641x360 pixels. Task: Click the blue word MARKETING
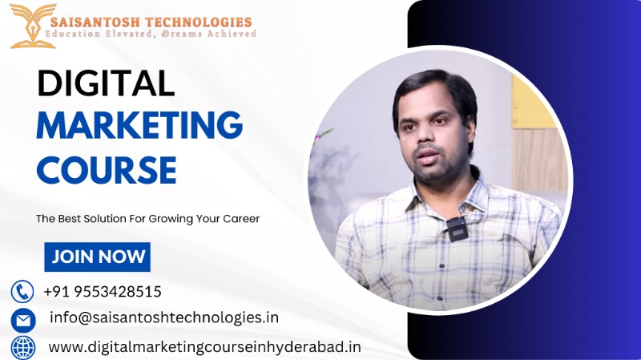pos(139,127)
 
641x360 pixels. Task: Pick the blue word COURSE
pos(107,171)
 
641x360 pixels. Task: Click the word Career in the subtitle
pos(240,219)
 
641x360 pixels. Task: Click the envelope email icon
pos(22,320)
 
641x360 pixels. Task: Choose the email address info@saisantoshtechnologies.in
pos(163,318)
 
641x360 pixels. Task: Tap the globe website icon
pos(22,347)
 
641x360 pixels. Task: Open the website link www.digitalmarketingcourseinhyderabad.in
pos(205,347)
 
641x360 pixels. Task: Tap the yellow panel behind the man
pos(532,104)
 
